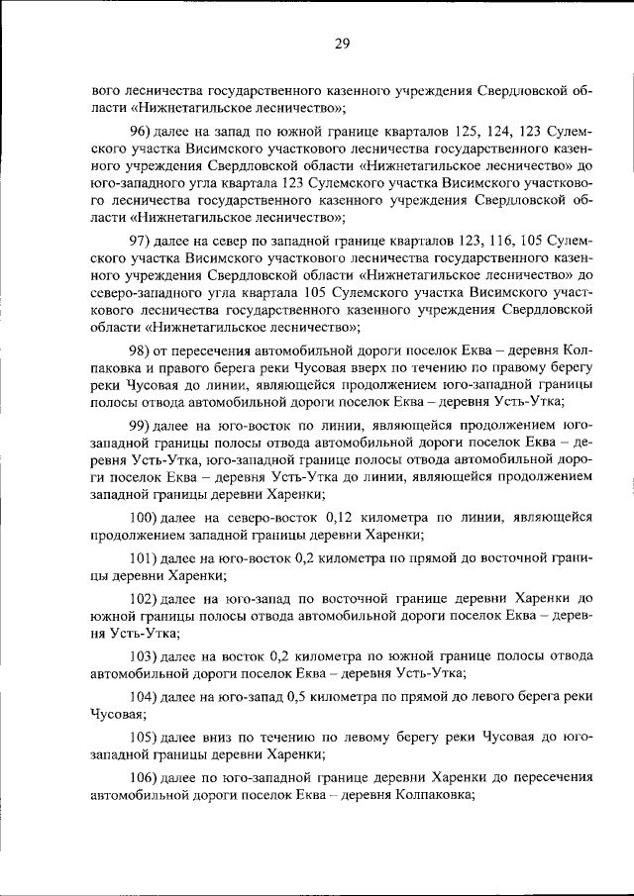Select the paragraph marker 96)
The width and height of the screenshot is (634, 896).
pyautogui.click(x=143, y=131)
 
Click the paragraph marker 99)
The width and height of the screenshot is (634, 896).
pyautogui.click(x=143, y=424)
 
